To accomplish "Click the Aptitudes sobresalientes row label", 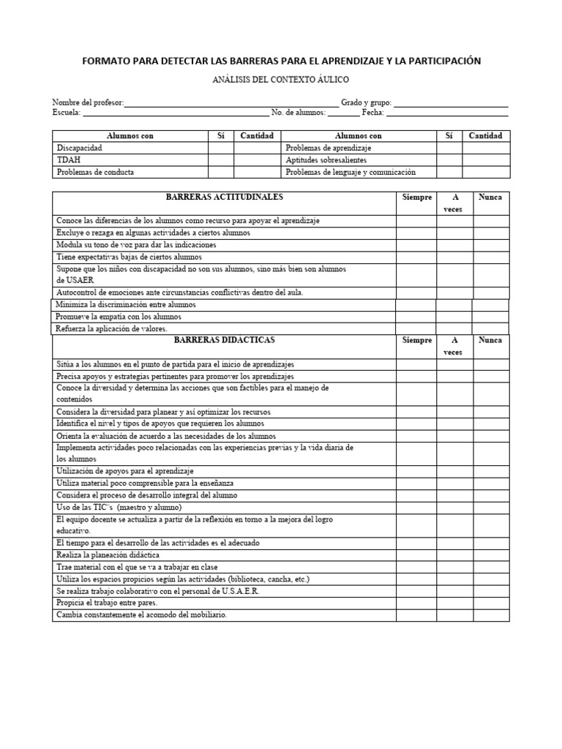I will click(x=326, y=160).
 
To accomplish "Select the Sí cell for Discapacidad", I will click(x=220, y=148).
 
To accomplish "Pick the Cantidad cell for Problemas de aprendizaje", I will click(x=486, y=148).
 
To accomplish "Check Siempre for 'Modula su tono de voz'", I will click(x=417, y=245).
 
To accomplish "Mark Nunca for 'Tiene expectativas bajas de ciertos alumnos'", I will click(x=490, y=257).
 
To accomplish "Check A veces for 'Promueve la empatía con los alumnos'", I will click(x=454, y=317).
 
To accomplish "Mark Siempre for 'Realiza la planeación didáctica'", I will click(x=417, y=556).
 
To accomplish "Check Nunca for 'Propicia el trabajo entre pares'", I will click(x=490, y=603).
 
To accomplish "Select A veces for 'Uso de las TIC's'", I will click(x=454, y=508).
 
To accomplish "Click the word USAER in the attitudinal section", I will click(x=70, y=280).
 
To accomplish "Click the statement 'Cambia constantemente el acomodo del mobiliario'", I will click(x=142, y=615).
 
